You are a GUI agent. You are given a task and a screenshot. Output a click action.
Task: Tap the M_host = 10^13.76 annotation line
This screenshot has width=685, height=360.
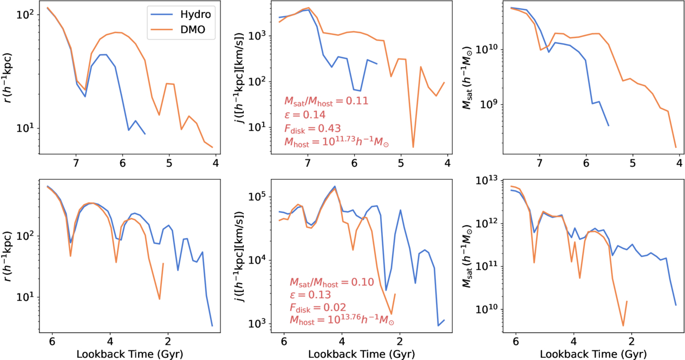click(342, 322)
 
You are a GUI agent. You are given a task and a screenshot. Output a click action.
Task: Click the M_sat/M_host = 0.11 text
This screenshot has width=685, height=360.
click(326, 101)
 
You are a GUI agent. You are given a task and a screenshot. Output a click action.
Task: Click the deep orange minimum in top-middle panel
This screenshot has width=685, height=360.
click(413, 147)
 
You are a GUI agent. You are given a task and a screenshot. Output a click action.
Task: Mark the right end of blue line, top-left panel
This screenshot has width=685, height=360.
click(145, 134)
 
